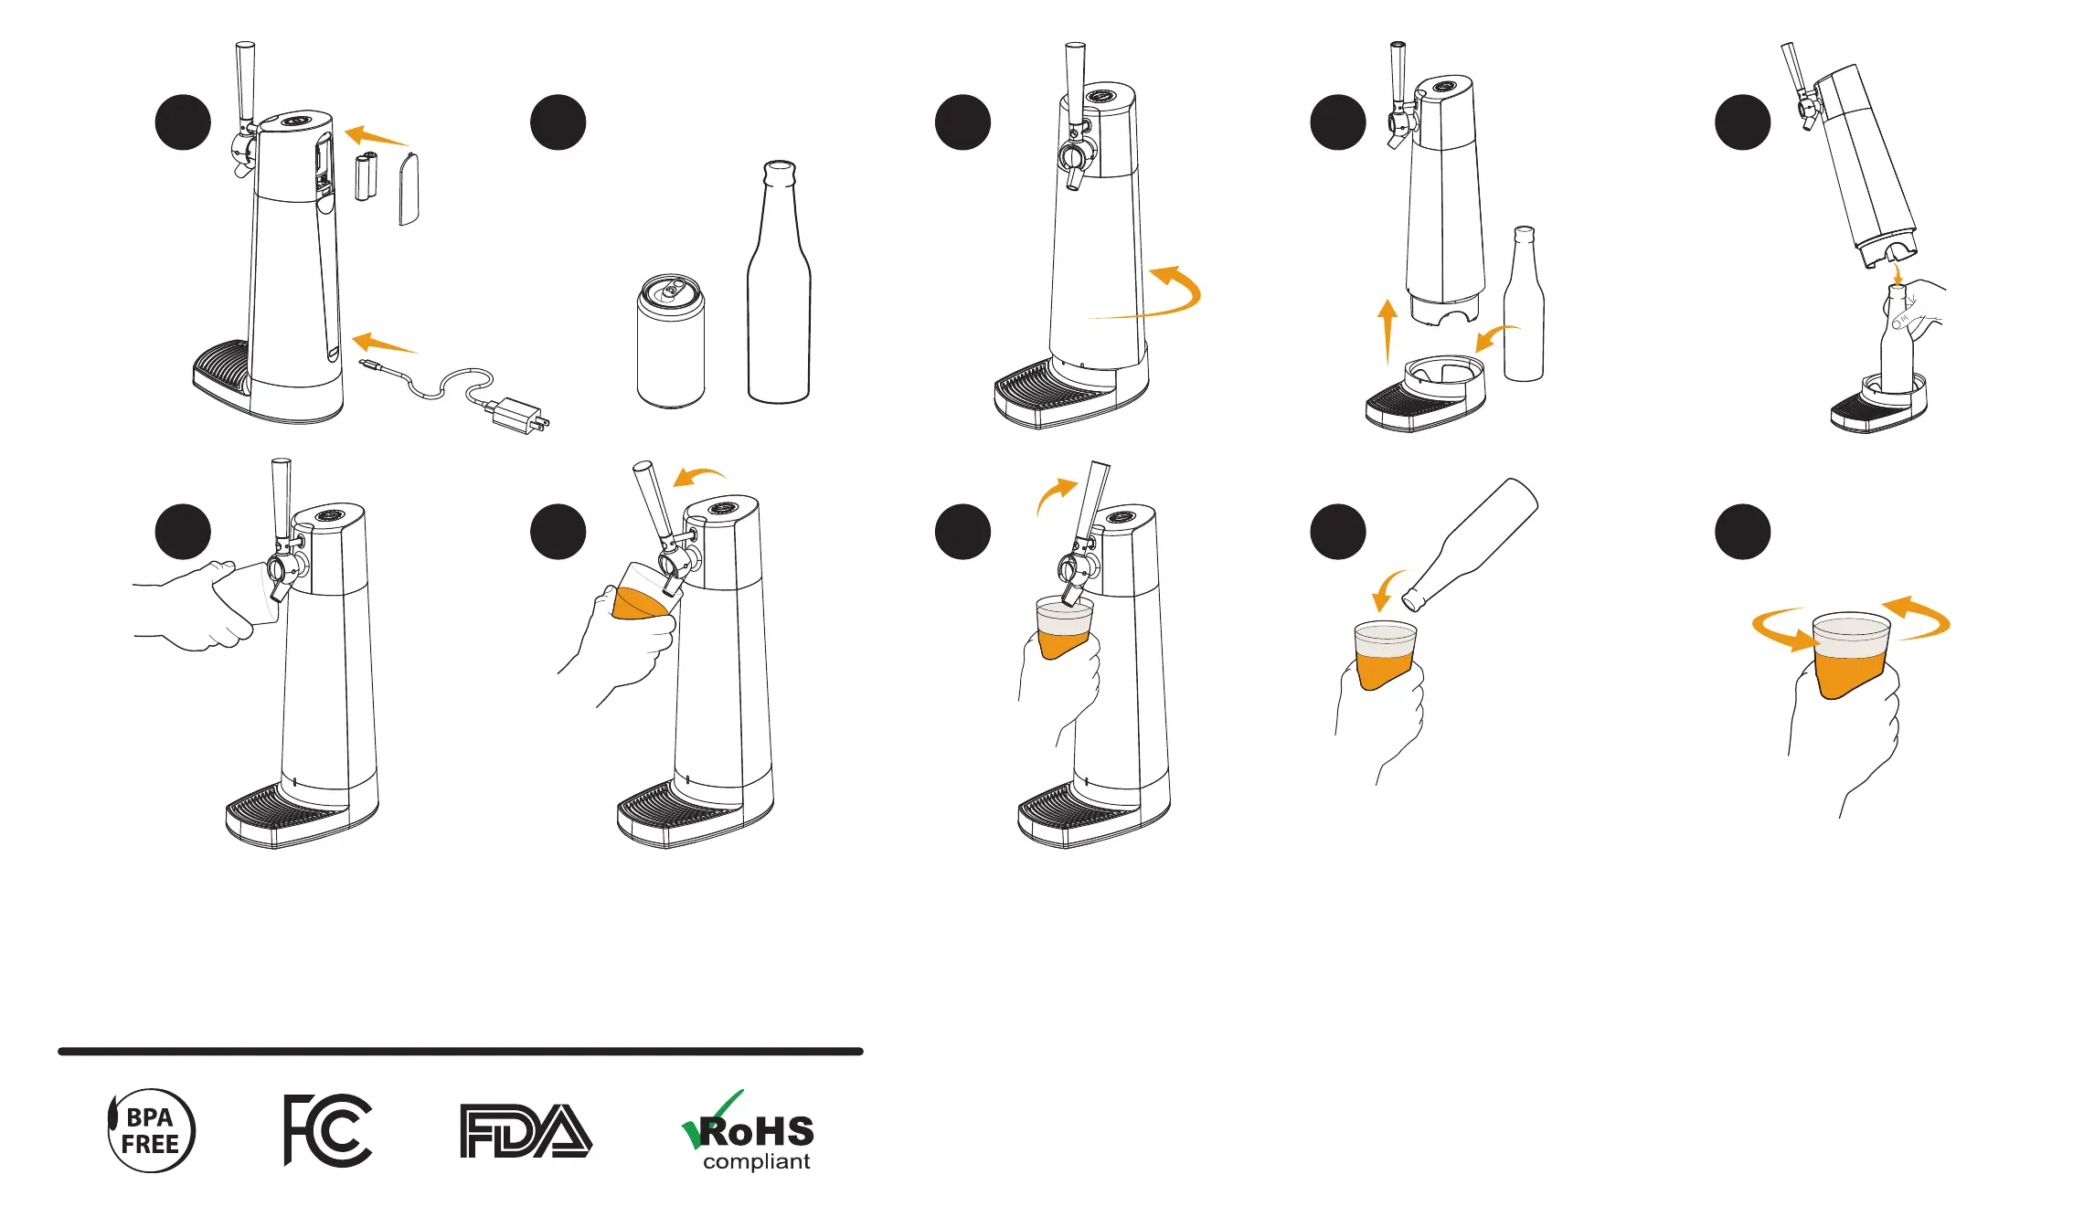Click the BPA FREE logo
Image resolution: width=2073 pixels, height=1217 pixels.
pos(151,1130)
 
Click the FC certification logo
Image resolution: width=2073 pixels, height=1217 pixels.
pos(327,1130)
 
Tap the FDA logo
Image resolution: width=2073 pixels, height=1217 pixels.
pos(526,1131)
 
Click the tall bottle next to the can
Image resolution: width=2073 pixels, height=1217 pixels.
pos(779,283)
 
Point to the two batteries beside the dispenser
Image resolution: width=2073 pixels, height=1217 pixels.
pos(367,176)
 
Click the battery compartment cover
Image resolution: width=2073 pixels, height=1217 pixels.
pos(409,188)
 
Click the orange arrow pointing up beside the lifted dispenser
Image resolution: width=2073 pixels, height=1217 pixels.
pos(1388,331)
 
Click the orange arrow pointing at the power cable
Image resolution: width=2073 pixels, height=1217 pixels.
pos(384,344)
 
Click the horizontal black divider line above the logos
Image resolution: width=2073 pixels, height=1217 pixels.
pos(461,1052)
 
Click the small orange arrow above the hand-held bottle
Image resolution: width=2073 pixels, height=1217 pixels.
pos(1898,273)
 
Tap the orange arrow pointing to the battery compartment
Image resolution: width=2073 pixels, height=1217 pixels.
pos(376,137)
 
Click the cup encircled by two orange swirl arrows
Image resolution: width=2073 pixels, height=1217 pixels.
pos(1851,653)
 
